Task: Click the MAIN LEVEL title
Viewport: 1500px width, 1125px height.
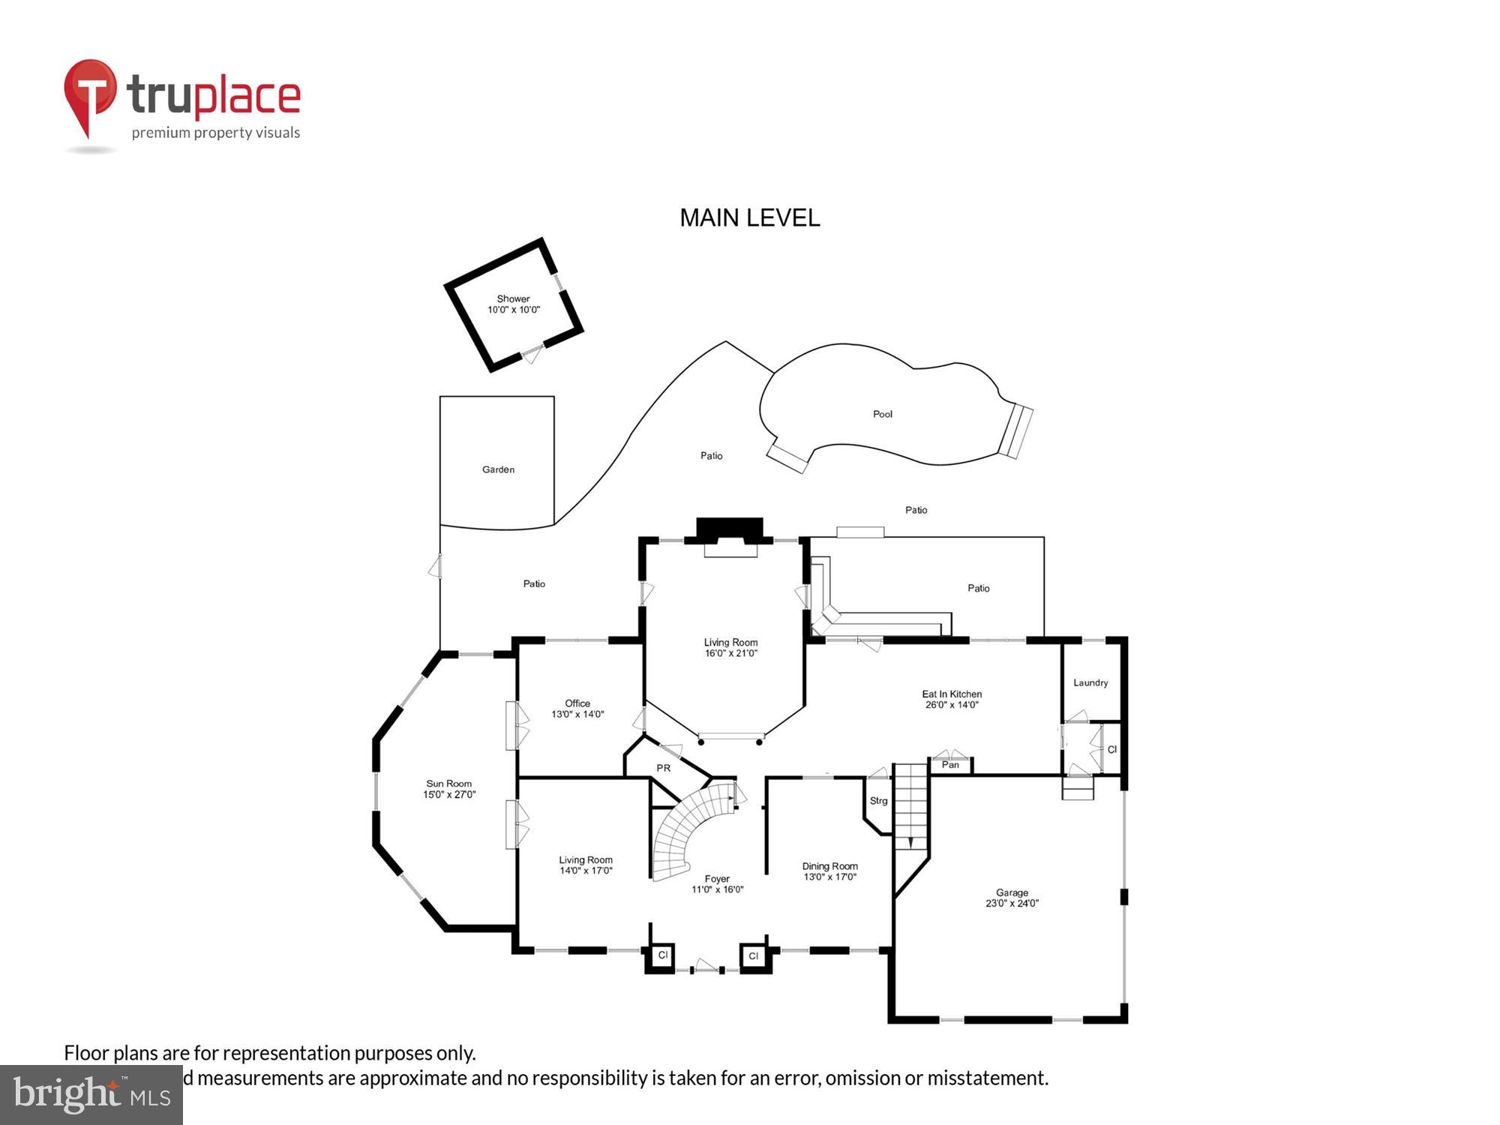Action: click(749, 218)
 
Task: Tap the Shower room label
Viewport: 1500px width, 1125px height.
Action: click(514, 304)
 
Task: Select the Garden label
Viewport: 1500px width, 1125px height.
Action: click(498, 469)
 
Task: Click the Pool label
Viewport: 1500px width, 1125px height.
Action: click(882, 414)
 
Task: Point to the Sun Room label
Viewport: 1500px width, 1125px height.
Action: click(448, 789)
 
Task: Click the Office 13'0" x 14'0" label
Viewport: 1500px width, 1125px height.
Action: click(577, 709)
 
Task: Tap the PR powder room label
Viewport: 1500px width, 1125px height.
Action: click(663, 768)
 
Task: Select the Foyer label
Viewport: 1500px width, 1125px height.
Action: click(717, 883)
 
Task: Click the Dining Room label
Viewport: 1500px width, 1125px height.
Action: click(829, 871)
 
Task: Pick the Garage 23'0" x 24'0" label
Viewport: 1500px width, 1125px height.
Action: click(1012, 898)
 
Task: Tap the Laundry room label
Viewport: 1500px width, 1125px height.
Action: click(1090, 682)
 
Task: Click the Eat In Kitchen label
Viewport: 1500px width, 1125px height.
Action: click(952, 699)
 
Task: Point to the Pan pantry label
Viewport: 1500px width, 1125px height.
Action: click(950, 765)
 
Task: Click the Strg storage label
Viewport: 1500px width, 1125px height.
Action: click(878, 801)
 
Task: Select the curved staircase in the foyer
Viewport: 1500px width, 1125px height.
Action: click(690, 829)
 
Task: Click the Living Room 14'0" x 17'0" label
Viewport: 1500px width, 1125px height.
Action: click(586, 865)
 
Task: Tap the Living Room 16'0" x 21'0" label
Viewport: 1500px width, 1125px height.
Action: click(730, 647)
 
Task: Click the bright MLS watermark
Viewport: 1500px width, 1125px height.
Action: click(91, 1095)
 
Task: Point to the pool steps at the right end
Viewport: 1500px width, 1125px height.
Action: click(1016, 431)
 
